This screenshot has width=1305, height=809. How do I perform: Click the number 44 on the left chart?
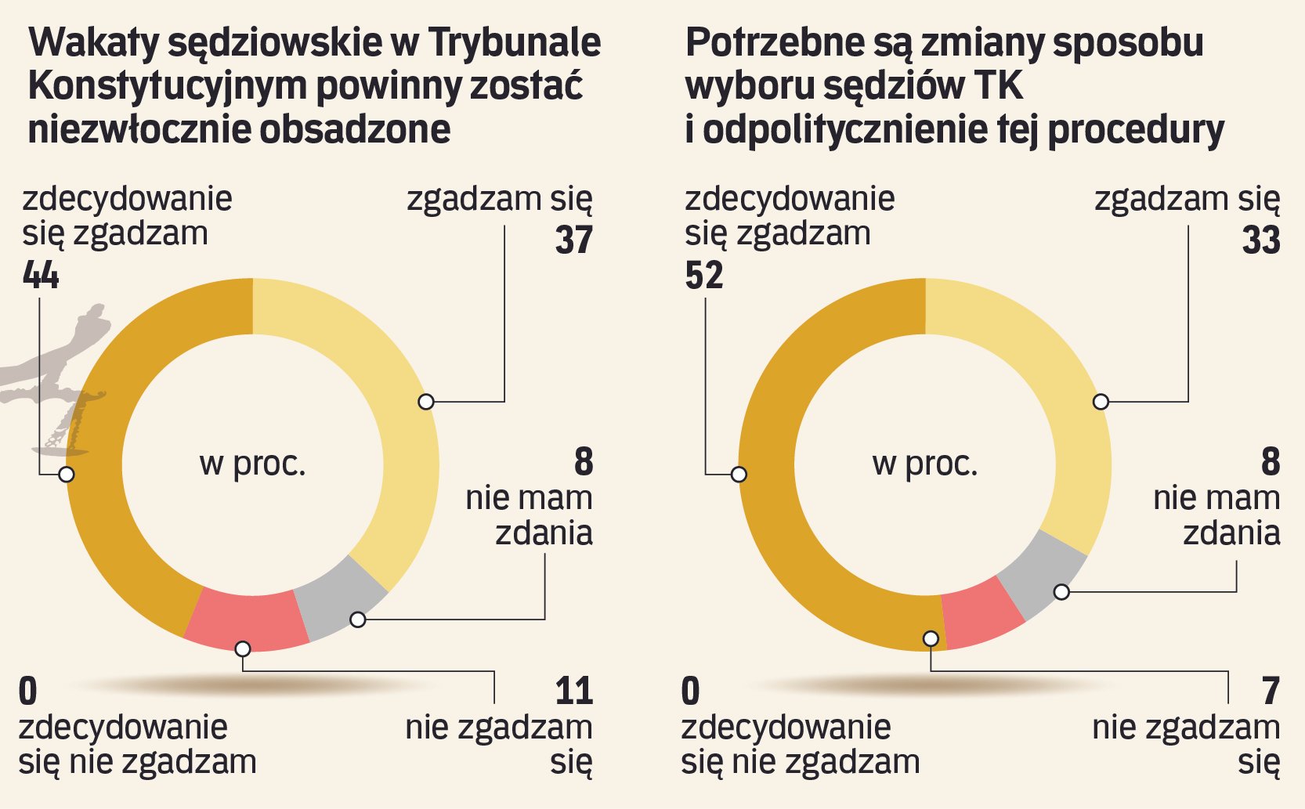[41, 275]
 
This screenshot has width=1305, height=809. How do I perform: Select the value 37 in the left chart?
[574, 240]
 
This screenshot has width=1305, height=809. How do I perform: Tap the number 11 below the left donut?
[574, 691]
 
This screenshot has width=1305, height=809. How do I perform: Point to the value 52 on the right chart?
[703, 275]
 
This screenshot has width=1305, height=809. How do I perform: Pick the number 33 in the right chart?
[1261, 240]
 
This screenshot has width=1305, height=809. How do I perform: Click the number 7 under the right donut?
[1271, 691]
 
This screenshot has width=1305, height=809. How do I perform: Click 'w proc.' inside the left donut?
[252, 464]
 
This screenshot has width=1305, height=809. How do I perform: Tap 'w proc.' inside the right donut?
[925, 464]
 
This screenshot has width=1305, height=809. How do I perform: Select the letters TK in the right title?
[1000, 86]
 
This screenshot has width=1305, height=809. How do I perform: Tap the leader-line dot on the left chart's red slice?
[243, 648]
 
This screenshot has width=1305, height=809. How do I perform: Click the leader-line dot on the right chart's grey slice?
[1061, 592]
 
